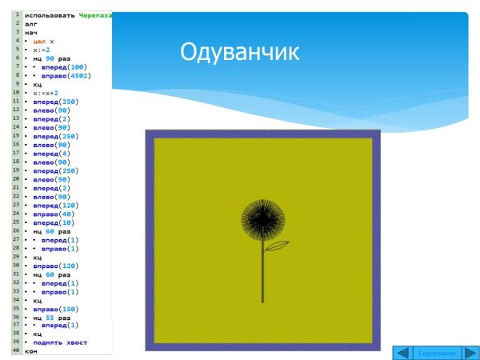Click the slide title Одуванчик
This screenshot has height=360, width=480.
tap(240, 53)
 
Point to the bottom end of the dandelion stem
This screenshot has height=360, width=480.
tap(262, 302)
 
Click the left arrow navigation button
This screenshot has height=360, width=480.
tap(404, 353)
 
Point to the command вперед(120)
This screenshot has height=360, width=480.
tap(55, 205)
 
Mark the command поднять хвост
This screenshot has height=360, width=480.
tap(60, 342)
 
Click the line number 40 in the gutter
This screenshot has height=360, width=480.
tap(15, 351)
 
